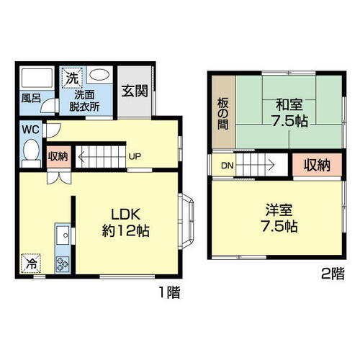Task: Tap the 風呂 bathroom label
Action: pyautogui.click(x=29, y=99)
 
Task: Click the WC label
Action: pyautogui.click(x=30, y=130)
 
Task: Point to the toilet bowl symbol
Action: pyautogui.click(x=30, y=153)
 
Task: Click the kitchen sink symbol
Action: pyautogui.click(x=62, y=234)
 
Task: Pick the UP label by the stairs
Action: pyautogui.click(x=134, y=156)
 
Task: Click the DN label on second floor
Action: pyautogui.click(x=227, y=166)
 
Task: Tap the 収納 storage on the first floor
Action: pyautogui.click(x=58, y=156)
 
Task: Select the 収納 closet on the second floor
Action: pyautogui.click(x=315, y=165)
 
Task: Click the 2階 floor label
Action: pyautogui.click(x=332, y=273)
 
